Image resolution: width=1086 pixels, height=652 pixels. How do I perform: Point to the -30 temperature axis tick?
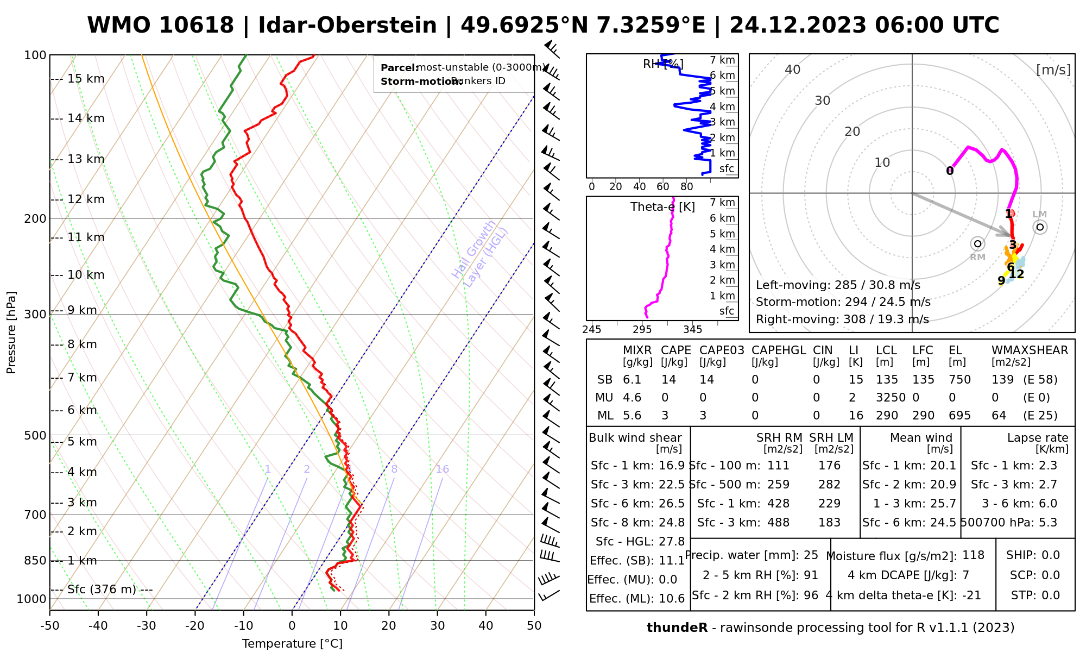click(147, 626)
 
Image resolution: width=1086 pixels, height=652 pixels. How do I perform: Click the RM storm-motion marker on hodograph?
click(978, 243)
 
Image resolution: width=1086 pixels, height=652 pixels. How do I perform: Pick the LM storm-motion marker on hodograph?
click(1040, 227)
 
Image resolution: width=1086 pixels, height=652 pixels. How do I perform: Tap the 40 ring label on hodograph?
click(793, 70)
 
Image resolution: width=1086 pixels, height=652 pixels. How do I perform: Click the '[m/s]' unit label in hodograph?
click(1053, 70)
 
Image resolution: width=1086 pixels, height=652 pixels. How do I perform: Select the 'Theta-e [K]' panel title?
click(662, 207)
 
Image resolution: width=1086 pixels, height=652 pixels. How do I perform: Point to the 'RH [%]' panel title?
click(662, 64)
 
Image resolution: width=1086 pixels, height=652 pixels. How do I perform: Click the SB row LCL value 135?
click(887, 380)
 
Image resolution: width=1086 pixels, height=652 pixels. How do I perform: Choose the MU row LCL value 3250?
click(891, 398)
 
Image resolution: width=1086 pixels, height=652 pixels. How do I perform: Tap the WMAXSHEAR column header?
click(1030, 350)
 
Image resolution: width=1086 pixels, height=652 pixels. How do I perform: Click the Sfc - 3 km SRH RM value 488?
click(778, 523)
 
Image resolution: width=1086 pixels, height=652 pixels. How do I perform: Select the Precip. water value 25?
click(811, 555)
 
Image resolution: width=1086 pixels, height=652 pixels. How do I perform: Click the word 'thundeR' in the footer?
click(677, 628)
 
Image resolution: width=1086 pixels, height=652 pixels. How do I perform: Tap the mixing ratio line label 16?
click(442, 469)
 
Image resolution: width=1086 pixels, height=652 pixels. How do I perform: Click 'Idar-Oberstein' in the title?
click(348, 26)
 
